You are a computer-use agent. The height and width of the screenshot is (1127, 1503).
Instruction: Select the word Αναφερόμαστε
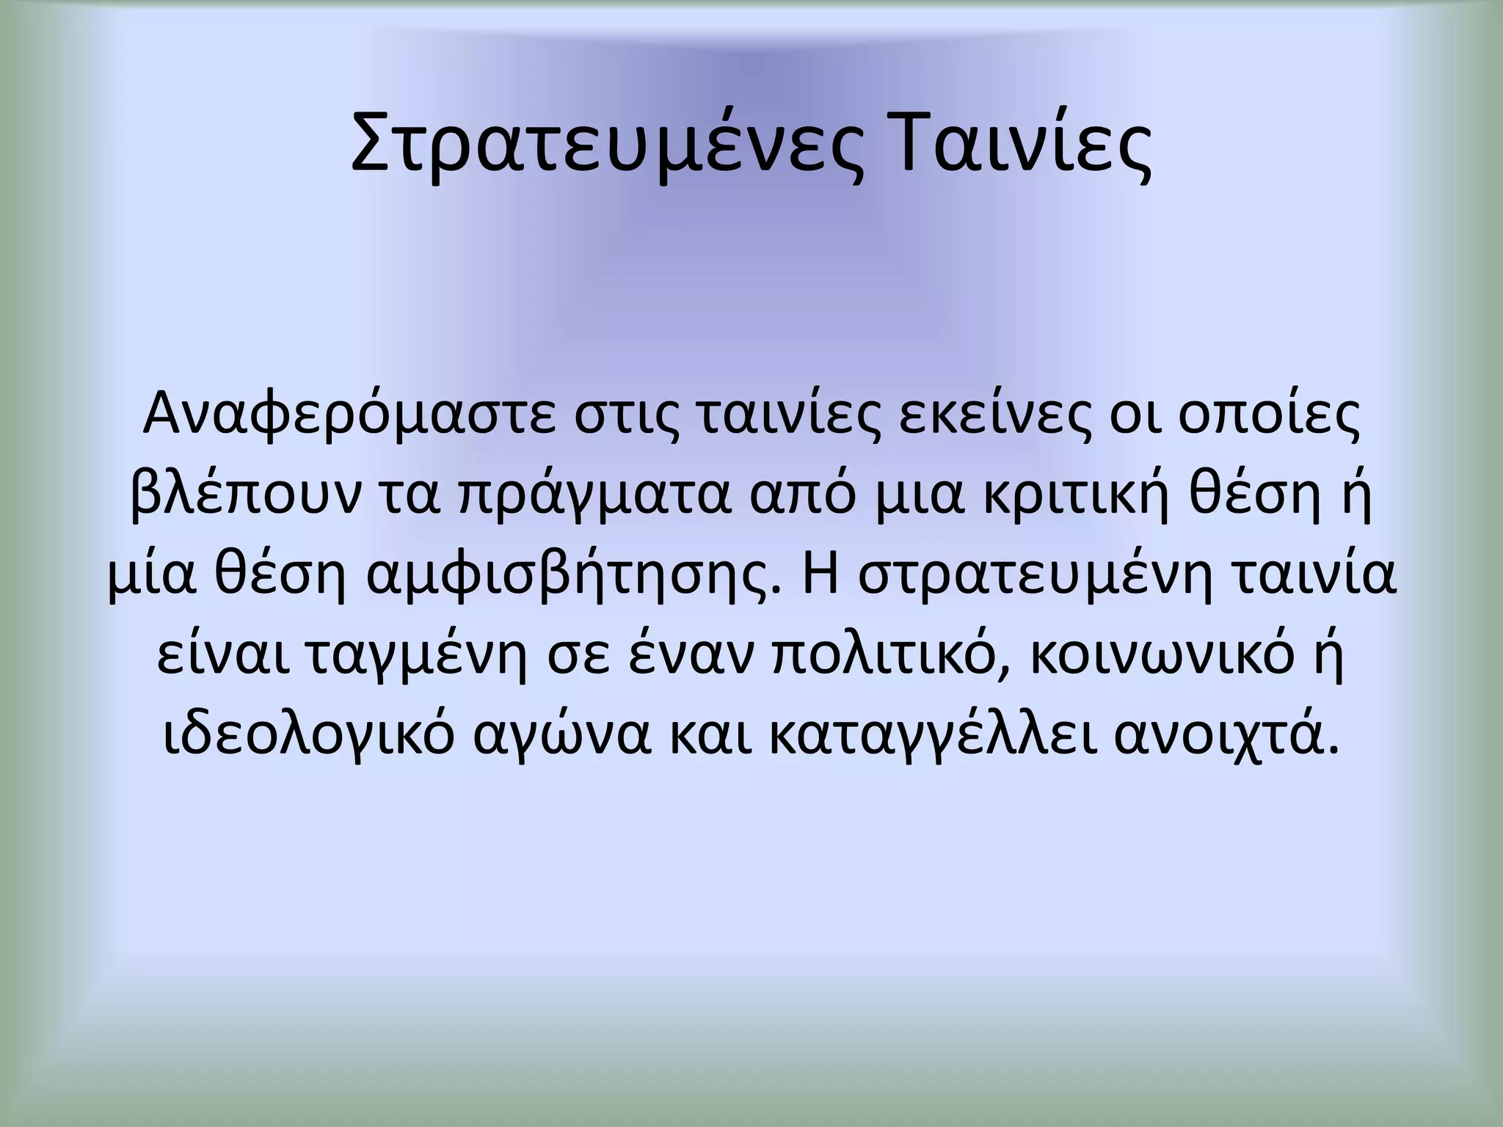(349, 416)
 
